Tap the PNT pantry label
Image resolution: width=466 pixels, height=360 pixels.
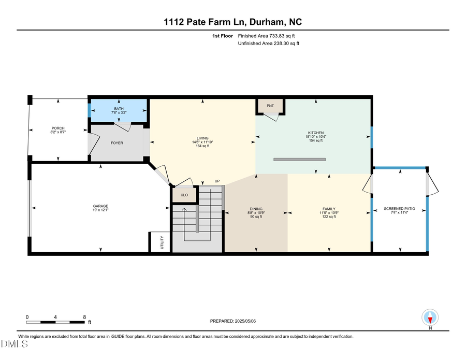click(270, 106)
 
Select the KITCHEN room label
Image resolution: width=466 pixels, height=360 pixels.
click(315, 133)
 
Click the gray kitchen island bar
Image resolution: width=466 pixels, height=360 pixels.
click(299, 160)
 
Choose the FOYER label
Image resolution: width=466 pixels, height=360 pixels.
click(117, 142)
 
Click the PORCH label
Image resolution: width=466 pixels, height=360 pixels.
click(58, 128)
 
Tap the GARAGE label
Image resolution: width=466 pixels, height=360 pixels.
click(100, 206)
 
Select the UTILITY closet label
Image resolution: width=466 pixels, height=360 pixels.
click(162, 242)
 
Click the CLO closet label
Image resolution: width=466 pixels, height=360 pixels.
click(184, 195)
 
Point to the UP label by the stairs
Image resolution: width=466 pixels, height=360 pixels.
click(217, 181)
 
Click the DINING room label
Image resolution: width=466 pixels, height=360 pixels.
click(256, 209)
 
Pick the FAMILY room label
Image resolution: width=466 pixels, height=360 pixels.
click(329, 209)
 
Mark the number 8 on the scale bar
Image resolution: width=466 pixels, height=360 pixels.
click(85, 316)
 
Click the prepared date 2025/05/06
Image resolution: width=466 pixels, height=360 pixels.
click(233, 321)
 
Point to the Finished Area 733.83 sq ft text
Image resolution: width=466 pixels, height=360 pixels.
click(269, 36)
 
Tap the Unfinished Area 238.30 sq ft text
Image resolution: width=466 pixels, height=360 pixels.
click(268, 44)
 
